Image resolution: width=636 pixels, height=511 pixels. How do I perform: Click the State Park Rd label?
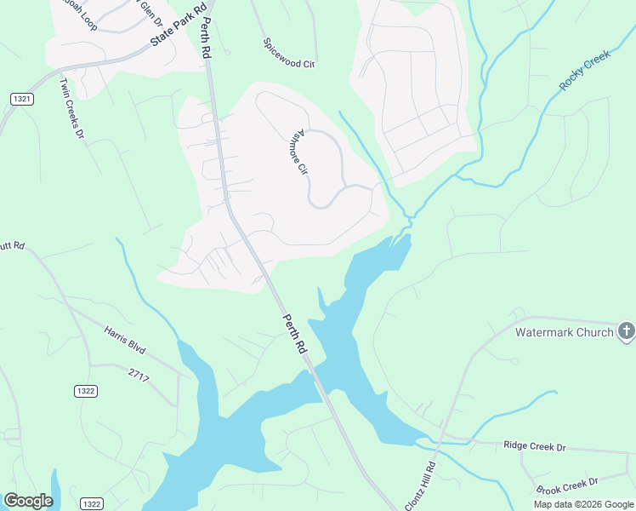click(x=179, y=27)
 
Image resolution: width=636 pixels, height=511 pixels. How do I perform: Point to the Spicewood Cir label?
click(x=289, y=53)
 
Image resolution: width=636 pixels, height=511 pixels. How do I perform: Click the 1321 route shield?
click(x=23, y=100)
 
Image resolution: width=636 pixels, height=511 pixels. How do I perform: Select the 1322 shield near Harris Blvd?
click(x=86, y=391)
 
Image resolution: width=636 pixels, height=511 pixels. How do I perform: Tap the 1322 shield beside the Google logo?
click(x=92, y=504)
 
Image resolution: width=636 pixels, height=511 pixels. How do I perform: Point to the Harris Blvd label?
click(x=125, y=339)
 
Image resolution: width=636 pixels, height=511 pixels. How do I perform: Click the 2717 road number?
click(x=139, y=374)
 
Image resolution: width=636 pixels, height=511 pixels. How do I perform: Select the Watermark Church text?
click(x=564, y=332)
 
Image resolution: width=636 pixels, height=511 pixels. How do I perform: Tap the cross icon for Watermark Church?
click(x=626, y=331)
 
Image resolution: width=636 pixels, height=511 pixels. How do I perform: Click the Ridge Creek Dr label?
click(x=534, y=446)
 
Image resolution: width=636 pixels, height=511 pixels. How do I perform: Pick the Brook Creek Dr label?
click(x=568, y=486)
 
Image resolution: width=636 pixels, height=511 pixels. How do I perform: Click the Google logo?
click(x=28, y=501)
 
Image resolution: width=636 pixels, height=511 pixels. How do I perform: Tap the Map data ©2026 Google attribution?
click(x=583, y=504)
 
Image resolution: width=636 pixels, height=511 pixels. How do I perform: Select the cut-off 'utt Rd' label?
click(x=12, y=246)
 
